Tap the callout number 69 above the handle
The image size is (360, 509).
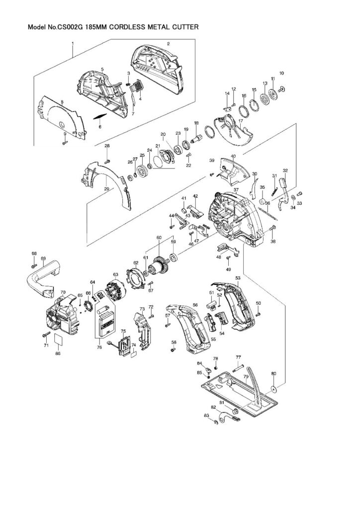(x=43, y=258)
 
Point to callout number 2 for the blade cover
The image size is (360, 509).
(x=168, y=44)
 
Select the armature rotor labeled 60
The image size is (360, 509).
(x=159, y=263)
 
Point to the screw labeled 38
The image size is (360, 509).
(x=273, y=228)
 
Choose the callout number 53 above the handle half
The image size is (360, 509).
(x=238, y=277)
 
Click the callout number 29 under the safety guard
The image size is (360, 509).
(x=106, y=189)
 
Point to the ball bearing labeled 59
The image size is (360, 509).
(x=174, y=257)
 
